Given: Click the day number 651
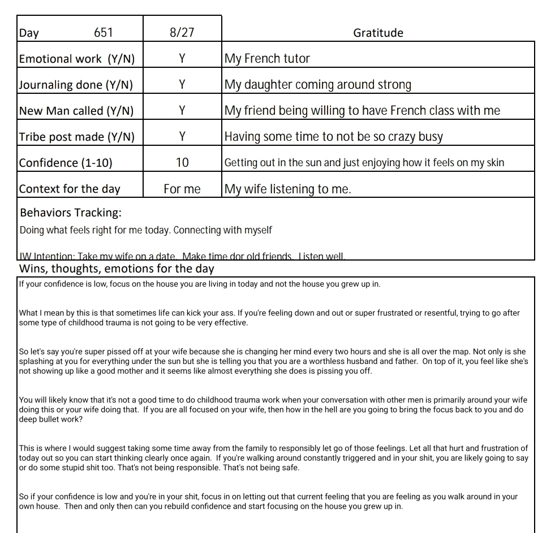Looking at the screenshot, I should click(103, 33).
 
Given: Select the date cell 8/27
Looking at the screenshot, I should click(182, 33).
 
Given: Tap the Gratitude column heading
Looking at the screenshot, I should click(378, 33).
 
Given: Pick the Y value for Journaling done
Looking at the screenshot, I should click(182, 85).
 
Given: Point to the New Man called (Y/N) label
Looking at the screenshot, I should click(76, 111).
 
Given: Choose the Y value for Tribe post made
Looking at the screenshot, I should click(182, 137).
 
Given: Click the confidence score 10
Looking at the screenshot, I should click(182, 163).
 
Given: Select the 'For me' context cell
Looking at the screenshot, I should click(182, 189).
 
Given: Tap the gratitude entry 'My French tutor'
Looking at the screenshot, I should click(267, 59).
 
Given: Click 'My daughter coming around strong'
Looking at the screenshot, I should click(318, 85).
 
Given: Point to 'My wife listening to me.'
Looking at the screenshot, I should click(287, 189).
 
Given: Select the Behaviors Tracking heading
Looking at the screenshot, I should click(71, 213).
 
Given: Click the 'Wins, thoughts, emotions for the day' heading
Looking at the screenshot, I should click(117, 268).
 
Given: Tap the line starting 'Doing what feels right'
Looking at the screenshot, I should click(145, 231).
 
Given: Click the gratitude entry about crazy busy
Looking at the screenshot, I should click(334, 137).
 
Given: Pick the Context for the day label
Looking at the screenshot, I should click(70, 189).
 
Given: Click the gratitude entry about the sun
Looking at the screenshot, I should click(364, 163).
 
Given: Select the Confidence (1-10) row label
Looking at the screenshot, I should click(66, 163).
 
